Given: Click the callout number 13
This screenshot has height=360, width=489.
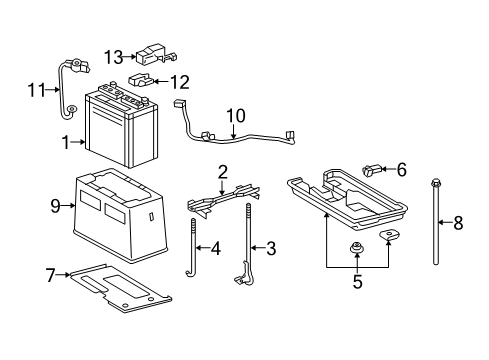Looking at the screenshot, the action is point(113,57).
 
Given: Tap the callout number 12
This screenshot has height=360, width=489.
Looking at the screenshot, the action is point(180,82).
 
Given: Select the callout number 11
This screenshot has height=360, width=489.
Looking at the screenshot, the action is point(36,90).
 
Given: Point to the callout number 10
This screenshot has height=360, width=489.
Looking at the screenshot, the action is point(236,116).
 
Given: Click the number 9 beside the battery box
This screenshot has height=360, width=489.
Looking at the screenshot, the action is point(55,206).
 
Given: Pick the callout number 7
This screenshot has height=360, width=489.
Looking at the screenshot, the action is point(50,275).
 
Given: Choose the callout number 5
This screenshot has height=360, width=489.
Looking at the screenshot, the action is point(357,282).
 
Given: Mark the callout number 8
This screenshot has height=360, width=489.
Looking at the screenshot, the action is point(458,223).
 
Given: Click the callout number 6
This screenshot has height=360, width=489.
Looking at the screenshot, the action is point(402,169).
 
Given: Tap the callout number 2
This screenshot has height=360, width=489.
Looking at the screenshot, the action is point(223,172).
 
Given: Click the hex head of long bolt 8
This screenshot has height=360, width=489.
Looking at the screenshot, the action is point(435,183).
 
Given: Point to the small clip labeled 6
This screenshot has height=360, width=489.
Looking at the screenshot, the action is point(371,170).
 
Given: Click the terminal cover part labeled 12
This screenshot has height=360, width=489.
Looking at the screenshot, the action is point(141,80).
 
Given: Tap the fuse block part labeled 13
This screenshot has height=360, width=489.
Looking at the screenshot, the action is point(155,53).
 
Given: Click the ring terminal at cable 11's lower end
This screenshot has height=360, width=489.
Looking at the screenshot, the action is point(71,109).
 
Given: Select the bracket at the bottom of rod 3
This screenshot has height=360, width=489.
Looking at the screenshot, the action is point(243,275).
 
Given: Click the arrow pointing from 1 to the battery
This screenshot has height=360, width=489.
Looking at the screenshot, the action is point(78,142).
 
